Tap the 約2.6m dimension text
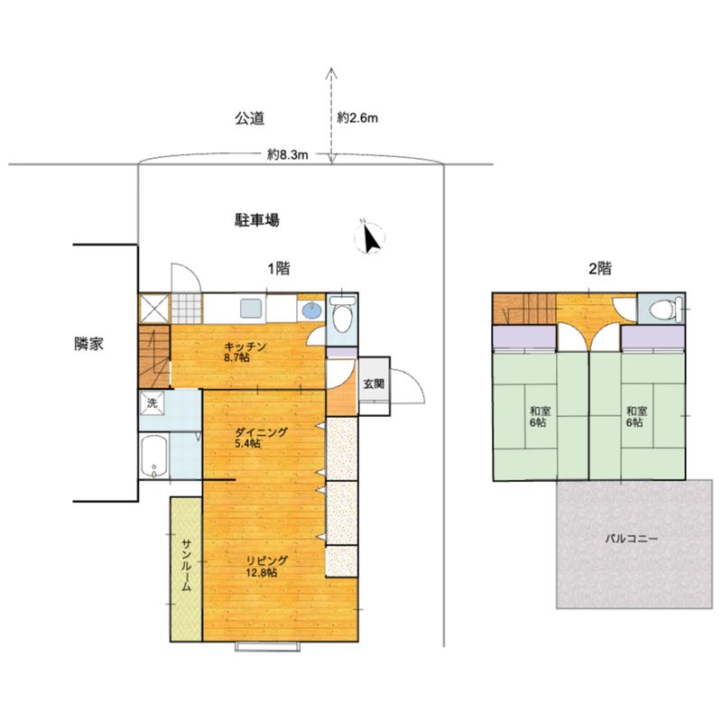(356, 118)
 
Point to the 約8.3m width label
(288, 154)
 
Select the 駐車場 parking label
(256, 219)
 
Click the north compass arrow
(369, 236)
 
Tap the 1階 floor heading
(277, 267)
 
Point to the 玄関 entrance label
(373, 382)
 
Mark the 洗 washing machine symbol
(152, 403)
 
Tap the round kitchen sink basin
(311, 310)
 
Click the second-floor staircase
(523, 309)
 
